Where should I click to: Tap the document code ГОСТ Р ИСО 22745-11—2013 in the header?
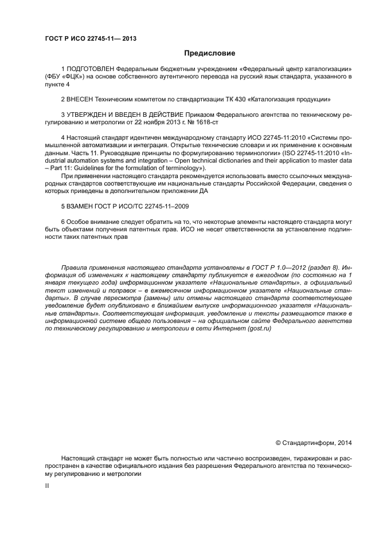pyautogui.click(x=91, y=38)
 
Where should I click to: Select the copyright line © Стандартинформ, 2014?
pyautogui.click(x=314, y=442)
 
